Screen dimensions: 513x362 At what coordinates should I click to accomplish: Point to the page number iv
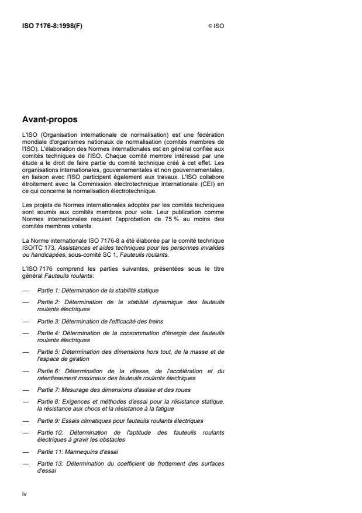tap(25, 494)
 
